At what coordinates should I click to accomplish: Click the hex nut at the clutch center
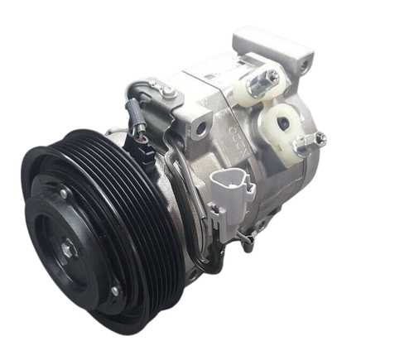point(65,245)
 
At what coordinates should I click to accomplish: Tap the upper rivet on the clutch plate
point(63,194)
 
